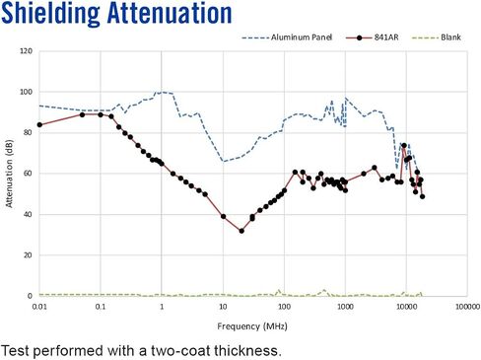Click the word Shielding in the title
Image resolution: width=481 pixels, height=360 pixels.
point(50,14)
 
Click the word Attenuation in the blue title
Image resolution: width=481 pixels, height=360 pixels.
point(170,13)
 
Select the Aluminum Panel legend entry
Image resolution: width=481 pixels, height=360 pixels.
point(287,37)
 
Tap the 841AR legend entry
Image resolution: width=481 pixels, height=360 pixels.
point(372,37)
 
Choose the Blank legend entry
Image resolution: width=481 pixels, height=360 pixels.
point(437,37)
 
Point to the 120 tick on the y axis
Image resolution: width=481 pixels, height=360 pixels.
point(27,51)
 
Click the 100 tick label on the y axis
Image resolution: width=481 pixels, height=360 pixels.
point(27,92)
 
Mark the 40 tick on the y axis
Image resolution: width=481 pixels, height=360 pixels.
point(28,214)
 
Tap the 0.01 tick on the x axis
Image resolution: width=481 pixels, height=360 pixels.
point(39,307)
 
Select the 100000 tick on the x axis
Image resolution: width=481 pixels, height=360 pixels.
point(467,307)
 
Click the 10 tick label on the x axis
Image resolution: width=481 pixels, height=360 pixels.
point(223,307)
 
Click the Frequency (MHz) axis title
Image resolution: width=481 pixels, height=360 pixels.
point(252,326)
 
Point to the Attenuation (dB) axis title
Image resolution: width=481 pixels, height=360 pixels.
point(9,174)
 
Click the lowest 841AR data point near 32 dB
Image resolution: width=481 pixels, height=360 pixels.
point(241,231)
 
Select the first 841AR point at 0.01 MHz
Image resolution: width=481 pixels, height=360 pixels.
point(39,125)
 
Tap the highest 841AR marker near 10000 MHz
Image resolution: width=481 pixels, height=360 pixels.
point(404,145)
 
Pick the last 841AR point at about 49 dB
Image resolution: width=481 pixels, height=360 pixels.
point(423,196)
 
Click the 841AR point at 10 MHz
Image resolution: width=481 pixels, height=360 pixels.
point(224,217)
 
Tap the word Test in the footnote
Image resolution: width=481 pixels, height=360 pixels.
point(15,351)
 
